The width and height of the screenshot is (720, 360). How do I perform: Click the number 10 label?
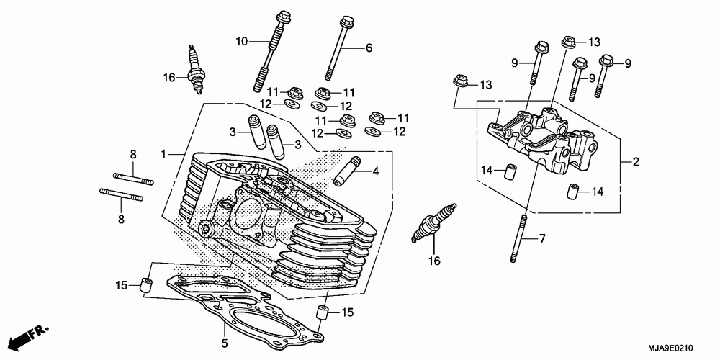[242, 42]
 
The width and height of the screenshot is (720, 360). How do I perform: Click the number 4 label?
[376, 172]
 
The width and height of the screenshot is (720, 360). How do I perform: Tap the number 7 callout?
[542, 239]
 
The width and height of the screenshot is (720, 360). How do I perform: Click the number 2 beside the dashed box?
[636, 161]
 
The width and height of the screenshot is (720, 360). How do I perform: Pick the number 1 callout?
[163, 154]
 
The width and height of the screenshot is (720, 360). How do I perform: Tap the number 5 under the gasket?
[225, 343]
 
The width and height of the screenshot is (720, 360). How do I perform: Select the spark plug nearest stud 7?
[434, 222]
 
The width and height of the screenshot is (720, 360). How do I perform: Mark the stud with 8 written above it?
[133, 179]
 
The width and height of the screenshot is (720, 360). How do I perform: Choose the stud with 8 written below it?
[121, 194]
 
